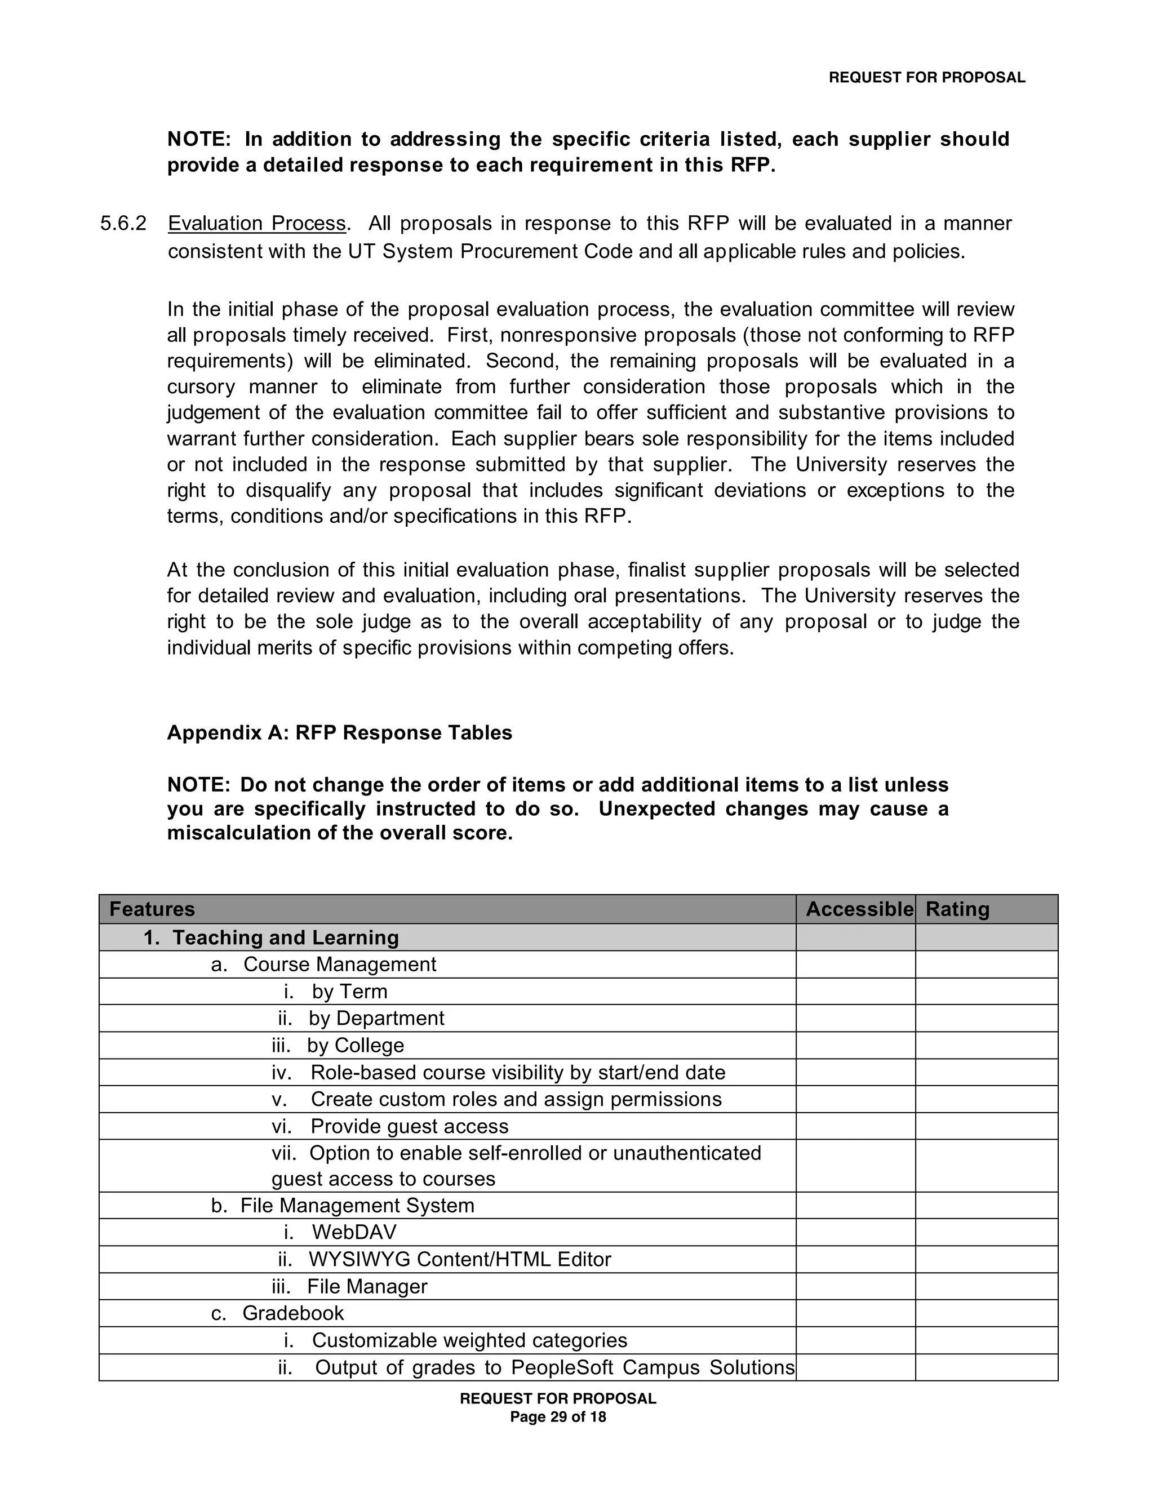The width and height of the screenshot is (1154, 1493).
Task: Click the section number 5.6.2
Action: (x=123, y=224)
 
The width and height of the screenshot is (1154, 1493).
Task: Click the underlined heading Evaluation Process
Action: (x=257, y=224)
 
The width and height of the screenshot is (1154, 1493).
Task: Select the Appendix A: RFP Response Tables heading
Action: (x=339, y=733)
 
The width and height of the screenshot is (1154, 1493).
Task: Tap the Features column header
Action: (x=152, y=909)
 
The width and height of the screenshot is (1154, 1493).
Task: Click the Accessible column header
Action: (x=859, y=909)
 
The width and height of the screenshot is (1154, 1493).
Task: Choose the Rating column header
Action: (x=957, y=909)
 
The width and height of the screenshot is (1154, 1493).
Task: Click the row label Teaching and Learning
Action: (x=285, y=937)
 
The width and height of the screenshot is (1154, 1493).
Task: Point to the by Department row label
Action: (x=376, y=1018)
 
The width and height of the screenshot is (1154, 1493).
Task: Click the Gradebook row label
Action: (x=292, y=1313)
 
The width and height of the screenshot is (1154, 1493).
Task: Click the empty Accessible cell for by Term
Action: (x=855, y=991)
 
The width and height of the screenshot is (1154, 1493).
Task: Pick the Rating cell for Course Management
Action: (x=986, y=964)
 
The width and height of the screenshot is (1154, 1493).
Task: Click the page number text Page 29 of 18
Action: (x=558, y=1417)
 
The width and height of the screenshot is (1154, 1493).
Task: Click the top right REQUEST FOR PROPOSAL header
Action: (x=926, y=78)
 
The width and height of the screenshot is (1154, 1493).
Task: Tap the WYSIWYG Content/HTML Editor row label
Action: (x=459, y=1259)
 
